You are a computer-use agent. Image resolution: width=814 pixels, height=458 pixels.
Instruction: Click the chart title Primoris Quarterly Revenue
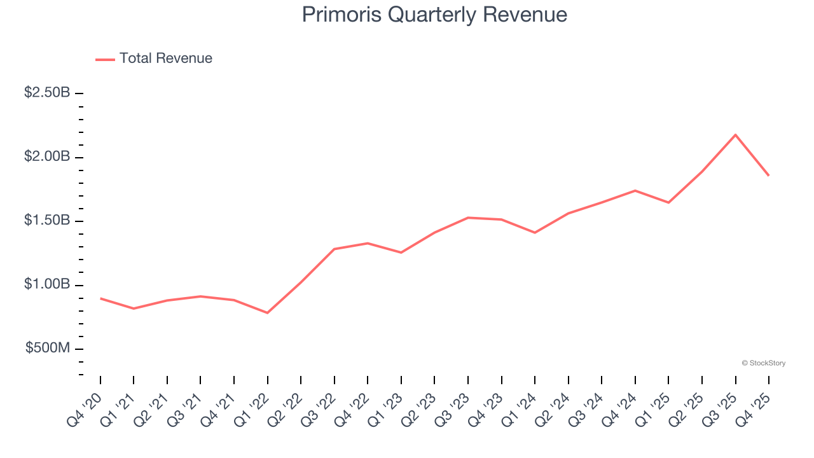(x=434, y=15)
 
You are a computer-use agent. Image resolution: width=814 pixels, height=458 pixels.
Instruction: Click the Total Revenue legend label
(x=165, y=59)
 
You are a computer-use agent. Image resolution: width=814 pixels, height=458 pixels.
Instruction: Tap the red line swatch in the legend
(x=105, y=59)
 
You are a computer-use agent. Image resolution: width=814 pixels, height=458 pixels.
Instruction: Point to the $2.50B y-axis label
(x=47, y=93)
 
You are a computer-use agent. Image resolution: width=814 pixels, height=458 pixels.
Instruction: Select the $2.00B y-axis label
(x=47, y=156)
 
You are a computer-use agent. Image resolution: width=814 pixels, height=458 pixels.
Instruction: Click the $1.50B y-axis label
(x=47, y=221)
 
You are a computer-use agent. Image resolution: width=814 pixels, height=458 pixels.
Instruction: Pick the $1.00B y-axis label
(x=47, y=284)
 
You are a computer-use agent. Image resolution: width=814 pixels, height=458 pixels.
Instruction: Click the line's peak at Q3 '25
(x=736, y=135)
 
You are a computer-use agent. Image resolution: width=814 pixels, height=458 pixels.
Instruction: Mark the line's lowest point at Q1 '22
(x=268, y=313)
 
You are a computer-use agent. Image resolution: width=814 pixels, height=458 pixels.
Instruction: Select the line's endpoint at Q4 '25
(x=769, y=176)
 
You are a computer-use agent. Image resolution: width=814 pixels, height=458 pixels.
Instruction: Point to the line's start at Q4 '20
(x=100, y=298)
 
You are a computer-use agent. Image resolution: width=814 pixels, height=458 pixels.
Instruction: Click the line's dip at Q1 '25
(x=668, y=202)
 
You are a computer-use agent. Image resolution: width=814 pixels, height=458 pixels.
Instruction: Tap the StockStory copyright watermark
(x=763, y=363)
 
